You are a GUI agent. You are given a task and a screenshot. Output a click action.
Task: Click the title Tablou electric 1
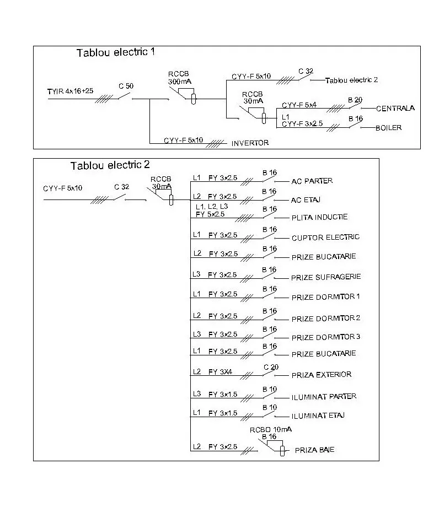coord(116,52)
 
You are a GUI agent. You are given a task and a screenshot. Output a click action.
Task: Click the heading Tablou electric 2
coord(110,165)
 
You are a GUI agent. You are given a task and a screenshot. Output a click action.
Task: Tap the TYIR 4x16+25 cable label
coord(70,91)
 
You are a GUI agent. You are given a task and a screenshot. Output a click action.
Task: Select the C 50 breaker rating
coord(126,86)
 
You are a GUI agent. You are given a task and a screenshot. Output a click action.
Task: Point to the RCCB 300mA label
coord(179,78)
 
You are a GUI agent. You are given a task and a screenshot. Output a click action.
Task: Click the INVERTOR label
coord(250,143)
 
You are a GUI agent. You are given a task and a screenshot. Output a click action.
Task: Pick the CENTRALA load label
coord(395,108)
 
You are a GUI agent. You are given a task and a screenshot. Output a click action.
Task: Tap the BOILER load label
coord(388,127)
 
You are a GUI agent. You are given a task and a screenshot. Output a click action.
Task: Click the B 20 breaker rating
coord(355,100)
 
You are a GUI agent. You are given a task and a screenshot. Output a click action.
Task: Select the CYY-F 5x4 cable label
coord(299,105)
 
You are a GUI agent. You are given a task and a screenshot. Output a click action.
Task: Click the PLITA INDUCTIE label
coord(319,217)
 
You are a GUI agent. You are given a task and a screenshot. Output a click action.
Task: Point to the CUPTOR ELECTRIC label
coord(325,237)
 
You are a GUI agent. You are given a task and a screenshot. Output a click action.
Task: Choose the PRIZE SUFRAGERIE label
coord(325,277)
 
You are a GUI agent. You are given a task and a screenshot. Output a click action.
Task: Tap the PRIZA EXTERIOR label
coord(322,375)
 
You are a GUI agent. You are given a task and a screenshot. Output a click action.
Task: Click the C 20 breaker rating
coord(271,367)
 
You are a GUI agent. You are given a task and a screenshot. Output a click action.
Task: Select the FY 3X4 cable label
coord(220,372)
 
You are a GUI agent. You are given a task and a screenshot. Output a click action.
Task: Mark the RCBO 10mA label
coord(271,430)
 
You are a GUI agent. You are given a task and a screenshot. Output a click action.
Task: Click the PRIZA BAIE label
coord(314,450)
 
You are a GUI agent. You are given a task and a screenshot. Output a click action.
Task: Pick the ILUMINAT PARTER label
coord(324,396)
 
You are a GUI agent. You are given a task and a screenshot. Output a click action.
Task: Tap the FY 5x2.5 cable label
coord(210,214)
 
